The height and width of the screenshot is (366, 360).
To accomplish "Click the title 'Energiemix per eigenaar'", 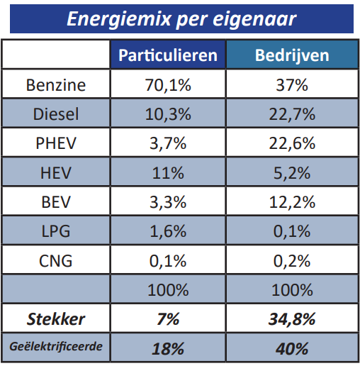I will tap(181, 18).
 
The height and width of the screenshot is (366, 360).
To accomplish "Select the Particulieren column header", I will tap(167, 55).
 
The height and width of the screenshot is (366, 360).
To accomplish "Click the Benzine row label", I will tap(55, 85).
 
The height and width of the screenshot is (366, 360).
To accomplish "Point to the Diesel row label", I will tap(55, 114).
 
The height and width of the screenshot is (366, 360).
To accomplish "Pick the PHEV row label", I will tap(55, 143).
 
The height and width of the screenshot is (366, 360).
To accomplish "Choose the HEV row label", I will tap(55, 172).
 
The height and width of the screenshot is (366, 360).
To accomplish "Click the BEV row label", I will tap(55, 201).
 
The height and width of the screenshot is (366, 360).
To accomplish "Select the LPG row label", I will tap(55, 231).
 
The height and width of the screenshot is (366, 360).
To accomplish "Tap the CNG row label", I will tap(55, 260).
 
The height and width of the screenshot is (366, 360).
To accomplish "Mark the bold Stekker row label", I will tap(55, 318).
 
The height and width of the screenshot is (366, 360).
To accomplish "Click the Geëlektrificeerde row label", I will tap(55, 348).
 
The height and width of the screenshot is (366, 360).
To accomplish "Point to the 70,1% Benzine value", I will tap(167, 85).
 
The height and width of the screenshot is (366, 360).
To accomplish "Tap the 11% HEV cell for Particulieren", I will tap(167, 172).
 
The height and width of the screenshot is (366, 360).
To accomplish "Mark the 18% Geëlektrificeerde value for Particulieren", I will tap(167, 348).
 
